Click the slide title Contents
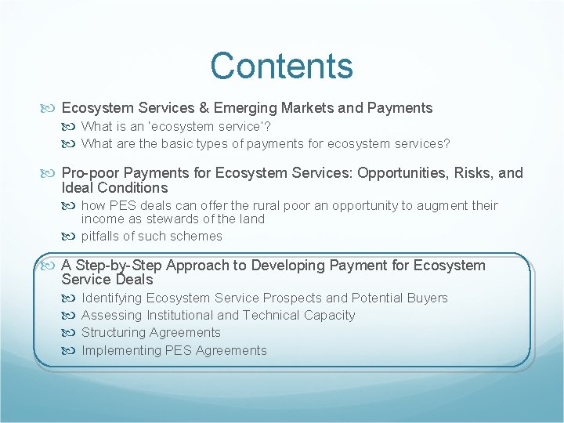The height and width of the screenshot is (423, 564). tap(281, 66)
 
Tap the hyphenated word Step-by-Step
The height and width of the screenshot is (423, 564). tap(114, 266)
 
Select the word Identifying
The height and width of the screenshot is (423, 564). tap(112, 298)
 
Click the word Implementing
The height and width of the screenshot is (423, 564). tap(121, 350)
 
